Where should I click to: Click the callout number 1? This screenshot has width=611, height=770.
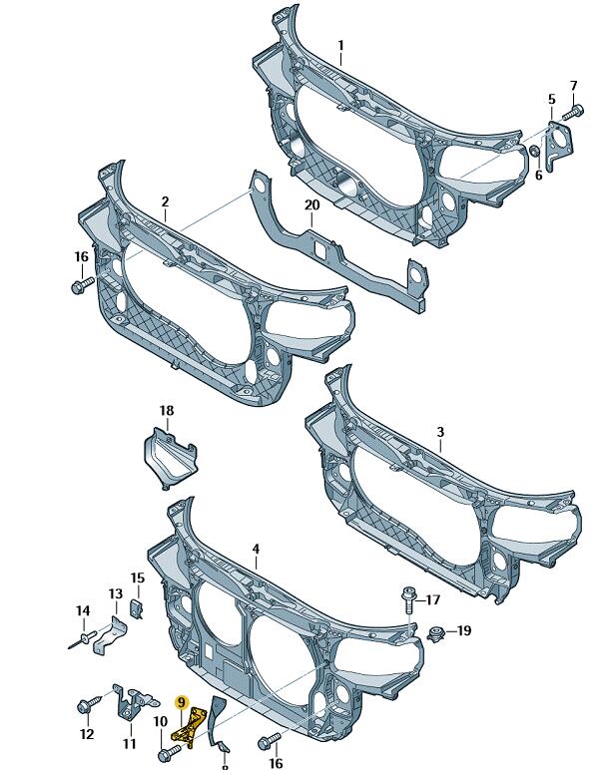point(340,46)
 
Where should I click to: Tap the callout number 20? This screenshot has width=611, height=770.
point(311,204)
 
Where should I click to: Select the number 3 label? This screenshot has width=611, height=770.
point(440,432)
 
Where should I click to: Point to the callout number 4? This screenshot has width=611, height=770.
point(256,549)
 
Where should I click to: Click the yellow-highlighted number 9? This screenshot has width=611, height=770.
point(182,703)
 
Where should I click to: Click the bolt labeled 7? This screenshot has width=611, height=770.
point(573,113)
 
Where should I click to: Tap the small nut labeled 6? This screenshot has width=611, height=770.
point(535,151)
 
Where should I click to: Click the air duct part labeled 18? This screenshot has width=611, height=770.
point(169,458)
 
